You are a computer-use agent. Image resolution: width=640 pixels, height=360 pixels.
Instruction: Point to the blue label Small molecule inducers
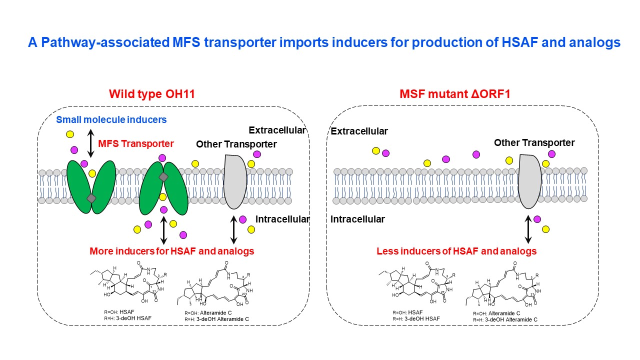pyautogui.click(x=111, y=120)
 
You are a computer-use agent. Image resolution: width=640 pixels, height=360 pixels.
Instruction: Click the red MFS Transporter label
pyautogui.click(x=136, y=144)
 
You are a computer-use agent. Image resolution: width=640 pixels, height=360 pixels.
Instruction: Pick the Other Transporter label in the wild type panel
pyautogui.click(x=236, y=144)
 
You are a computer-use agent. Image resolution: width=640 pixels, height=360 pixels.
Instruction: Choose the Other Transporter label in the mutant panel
pyautogui.click(x=534, y=143)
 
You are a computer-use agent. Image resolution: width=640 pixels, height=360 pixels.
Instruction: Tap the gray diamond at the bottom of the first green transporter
pyautogui.click(x=91, y=198)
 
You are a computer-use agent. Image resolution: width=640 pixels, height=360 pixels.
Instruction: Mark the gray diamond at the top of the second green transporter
pyautogui.click(x=163, y=177)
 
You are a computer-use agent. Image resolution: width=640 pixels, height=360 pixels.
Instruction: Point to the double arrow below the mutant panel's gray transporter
pyautogui.click(x=528, y=228)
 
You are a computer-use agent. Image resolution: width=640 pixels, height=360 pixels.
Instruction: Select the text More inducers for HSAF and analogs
pyautogui.click(x=171, y=251)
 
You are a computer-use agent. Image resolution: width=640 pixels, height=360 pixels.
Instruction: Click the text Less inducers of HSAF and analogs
pyautogui.click(x=456, y=251)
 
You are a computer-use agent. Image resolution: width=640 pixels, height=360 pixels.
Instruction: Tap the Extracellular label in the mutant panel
pyautogui.click(x=359, y=131)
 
